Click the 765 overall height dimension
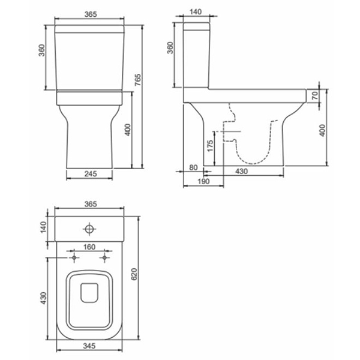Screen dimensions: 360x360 (x=137, y=80)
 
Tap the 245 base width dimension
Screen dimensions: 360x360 (x=91, y=174)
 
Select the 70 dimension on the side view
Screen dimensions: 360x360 (x=315, y=95)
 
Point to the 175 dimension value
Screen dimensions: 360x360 (x=210, y=146)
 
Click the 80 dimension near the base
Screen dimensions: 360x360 (x=193, y=167)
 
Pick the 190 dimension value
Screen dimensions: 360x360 (x=203, y=181)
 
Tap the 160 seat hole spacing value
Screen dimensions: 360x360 (x=89, y=247)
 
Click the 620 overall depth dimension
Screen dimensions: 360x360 (x=134, y=274)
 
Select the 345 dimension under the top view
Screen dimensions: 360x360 (x=89, y=346)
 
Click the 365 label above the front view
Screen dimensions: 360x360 (x=91, y=14)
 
